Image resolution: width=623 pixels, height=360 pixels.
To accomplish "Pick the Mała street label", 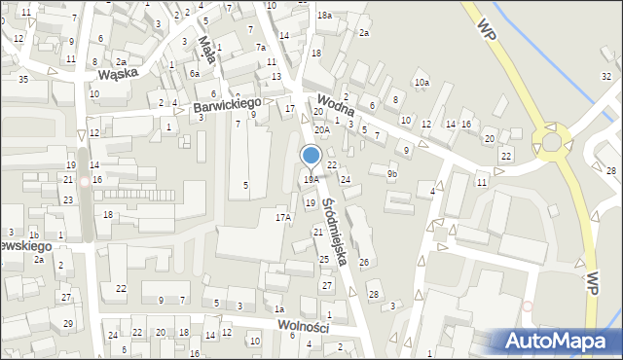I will [x=206, y=48].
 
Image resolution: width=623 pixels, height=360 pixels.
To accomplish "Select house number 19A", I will [x=311, y=180].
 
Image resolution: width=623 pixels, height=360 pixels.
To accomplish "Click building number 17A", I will [x=283, y=217].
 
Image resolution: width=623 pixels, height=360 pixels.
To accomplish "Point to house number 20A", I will [x=321, y=129].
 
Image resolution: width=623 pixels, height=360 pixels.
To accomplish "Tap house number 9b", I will [x=392, y=174].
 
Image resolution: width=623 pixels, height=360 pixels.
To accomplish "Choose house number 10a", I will [x=421, y=84].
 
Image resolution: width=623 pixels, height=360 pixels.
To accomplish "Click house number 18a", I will [x=324, y=16].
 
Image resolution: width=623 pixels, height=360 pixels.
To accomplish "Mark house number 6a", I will [x=195, y=74].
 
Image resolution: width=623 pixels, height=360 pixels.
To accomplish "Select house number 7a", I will [x=261, y=48].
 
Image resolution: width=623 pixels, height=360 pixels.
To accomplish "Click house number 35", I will [x=22, y=79].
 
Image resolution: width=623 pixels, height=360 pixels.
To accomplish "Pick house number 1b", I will [x=34, y=235].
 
